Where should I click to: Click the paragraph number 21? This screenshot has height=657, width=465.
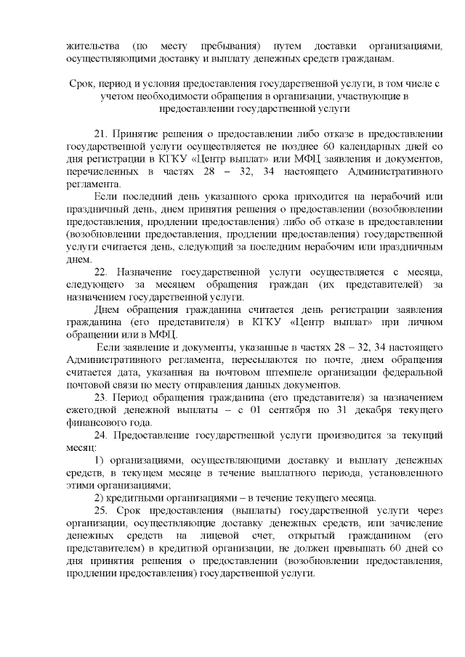click(102, 134)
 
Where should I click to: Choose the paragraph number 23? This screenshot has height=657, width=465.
click(102, 399)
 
